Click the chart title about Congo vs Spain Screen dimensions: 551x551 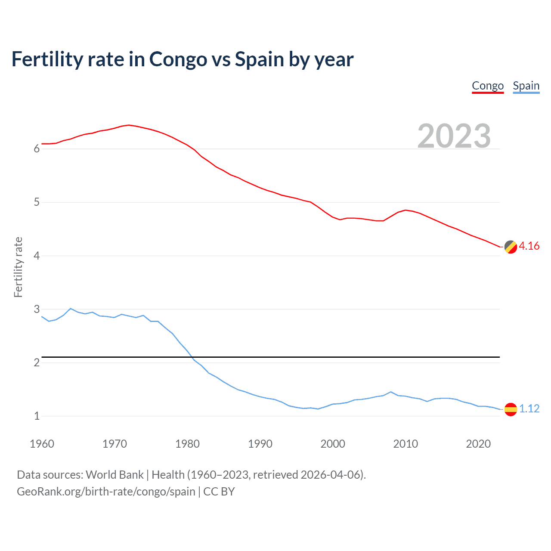click(182, 59)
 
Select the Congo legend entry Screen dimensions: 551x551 click(488, 86)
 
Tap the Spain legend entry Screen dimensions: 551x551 click(526, 86)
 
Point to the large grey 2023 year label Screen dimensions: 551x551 click(454, 136)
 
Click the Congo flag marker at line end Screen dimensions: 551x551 click(511, 247)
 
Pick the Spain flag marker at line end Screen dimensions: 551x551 click(511, 409)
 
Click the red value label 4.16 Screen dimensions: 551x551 click(529, 246)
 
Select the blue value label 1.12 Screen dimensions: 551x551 click(529, 409)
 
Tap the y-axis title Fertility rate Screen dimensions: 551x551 click(18, 267)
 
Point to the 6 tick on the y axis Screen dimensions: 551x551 click(37, 149)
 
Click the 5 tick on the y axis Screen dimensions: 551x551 click(37, 202)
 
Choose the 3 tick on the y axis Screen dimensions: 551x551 click(37, 309)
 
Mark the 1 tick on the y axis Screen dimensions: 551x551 click(37, 416)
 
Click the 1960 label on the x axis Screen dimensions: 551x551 click(42, 444)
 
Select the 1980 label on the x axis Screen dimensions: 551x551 click(187, 444)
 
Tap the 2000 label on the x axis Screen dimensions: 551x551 click(333, 444)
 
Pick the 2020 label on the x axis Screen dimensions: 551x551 click(478, 444)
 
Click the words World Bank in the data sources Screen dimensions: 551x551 click(115, 475)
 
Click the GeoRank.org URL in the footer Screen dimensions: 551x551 click(106, 492)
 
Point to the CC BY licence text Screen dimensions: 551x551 click(219, 492)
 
